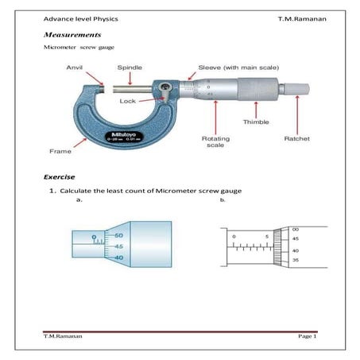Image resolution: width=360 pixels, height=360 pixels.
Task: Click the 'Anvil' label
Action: pyautogui.click(x=75, y=69)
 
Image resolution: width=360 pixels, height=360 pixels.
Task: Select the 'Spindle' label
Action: pyautogui.click(x=130, y=69)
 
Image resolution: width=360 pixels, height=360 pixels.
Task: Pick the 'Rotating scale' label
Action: pyautogui.click(x=215, y=141)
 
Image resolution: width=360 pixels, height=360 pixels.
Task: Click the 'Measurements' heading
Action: pyautogui.click(x=72, y=36)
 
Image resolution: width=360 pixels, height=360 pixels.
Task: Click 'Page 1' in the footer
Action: pyautogui.click(x=307, y=338)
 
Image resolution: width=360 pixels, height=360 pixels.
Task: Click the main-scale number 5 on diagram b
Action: pyautogui.click(x=267, y=236)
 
